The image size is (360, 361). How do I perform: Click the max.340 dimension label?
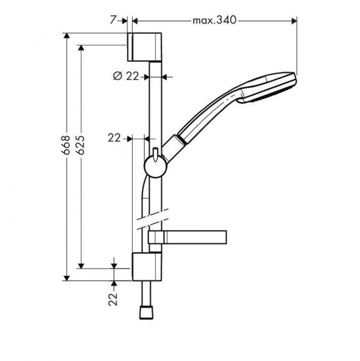click(215, 20)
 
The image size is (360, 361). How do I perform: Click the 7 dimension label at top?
click(114, 20)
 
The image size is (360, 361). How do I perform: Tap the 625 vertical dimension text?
click(81, 145)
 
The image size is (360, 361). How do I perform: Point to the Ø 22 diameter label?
click(126, 76)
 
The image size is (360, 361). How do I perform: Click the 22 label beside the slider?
click(114, 138)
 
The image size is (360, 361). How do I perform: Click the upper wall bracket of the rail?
click(144, 47)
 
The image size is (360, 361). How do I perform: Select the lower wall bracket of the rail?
click(147, 266)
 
